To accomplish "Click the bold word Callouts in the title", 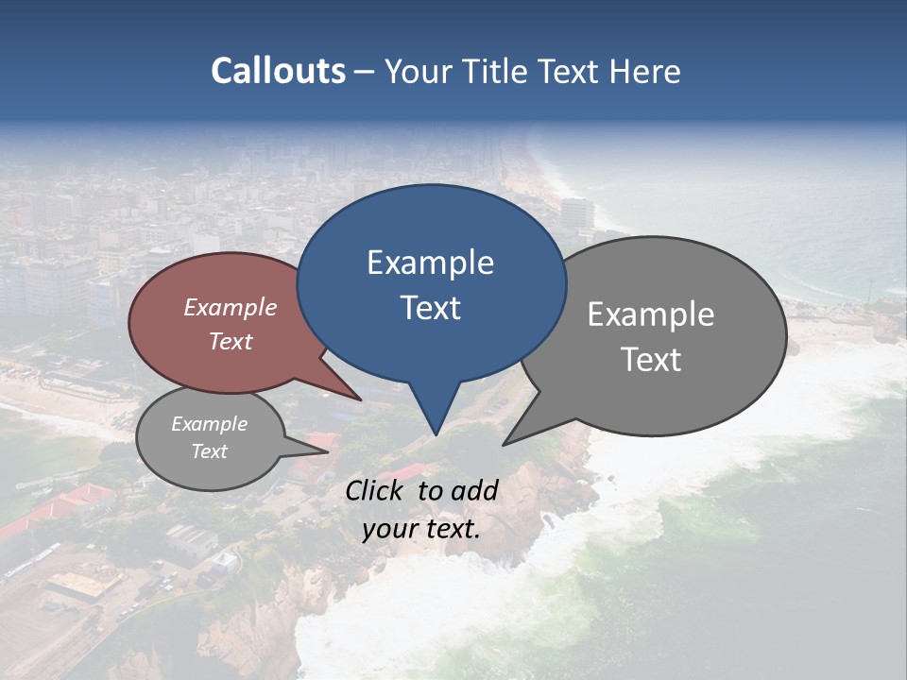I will tap(278, 72).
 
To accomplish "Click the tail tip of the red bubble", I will tap(362, 399).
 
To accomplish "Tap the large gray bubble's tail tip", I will tap(505, 444).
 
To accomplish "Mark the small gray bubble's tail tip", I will tap(328, 450).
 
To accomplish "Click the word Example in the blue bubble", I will tap(430, 263).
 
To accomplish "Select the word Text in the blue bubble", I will tap(430, 308).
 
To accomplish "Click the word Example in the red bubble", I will tap(231, 307).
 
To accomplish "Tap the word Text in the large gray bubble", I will tap(651, 360).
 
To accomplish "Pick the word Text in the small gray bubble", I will tap(209, 451).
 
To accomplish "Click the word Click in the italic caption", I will tap(375, 490).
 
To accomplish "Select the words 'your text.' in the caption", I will tap(421, 529).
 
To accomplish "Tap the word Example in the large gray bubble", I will tap(651, 314).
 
